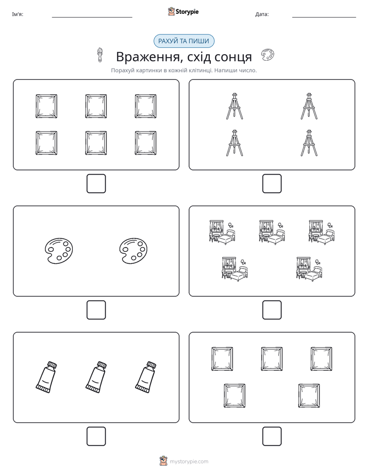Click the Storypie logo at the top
coord(183,11)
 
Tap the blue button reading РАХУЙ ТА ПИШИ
coord(183,41)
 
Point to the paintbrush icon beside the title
coord(99,55)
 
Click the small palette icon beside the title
coord(267,55)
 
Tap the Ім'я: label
coord(18,14)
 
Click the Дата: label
coord(262,14)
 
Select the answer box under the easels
coord(272,183)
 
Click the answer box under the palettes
coord(96,310)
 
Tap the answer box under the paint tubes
coord(96,436)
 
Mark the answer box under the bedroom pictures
coord(272,310)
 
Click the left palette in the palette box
coord(59,251)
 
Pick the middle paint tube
coord(96,377)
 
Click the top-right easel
coord(309,106)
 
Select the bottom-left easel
coord(235,143)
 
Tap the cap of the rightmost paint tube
coord(151,365)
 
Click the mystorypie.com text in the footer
coord(189,462)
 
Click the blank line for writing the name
coord(92,18)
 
